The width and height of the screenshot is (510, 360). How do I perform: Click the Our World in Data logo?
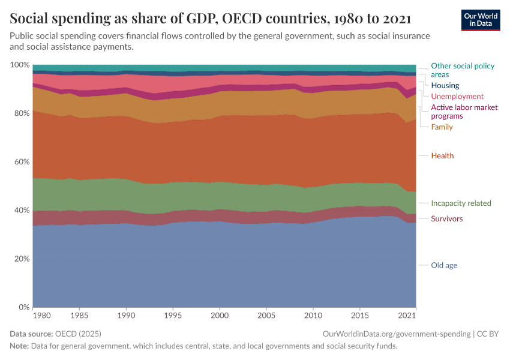coord(480,20)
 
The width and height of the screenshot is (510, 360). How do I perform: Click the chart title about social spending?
coord(214,18)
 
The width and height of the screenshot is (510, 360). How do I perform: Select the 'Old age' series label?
coord(444,265)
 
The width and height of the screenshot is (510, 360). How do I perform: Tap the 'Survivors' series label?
coord(446,219)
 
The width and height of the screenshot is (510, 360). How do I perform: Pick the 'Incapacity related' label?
coord(461,203)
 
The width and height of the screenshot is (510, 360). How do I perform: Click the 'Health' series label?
coord(442,156)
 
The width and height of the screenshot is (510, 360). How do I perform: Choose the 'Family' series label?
coord(442,127)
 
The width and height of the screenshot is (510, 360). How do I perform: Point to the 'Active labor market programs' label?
coord(464,112)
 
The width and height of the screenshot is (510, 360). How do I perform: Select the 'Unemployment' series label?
coord(457,97)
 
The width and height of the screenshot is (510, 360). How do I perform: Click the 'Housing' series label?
coord(445,86)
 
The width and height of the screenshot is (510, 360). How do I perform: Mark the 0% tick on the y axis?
coord(23,308)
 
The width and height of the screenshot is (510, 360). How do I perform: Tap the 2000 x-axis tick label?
coord(220,315)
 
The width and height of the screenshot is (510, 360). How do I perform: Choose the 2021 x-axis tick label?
coord(408,315)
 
